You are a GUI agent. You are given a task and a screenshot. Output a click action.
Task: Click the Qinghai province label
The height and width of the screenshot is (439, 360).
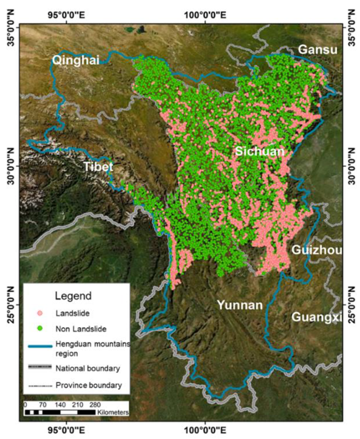point(76,60)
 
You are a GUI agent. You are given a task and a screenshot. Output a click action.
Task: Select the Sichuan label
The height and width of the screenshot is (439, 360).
point(259,152)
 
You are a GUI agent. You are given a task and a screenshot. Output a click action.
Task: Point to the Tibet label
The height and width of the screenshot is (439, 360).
point(98,167)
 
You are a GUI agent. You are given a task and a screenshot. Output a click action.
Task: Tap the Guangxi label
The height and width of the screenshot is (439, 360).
point(317,317)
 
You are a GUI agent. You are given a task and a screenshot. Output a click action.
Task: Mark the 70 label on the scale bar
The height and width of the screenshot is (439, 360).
point(44,405)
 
